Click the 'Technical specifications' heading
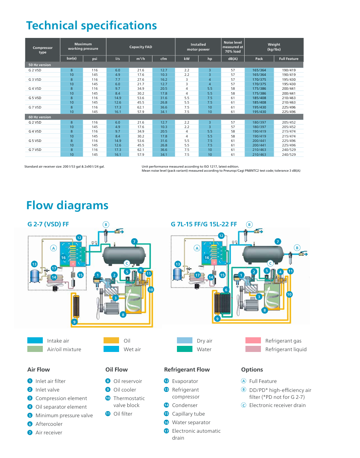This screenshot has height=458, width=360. click(91, 25)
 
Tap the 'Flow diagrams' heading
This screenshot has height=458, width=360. click(67, 205)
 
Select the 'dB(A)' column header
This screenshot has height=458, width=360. click(232, 59)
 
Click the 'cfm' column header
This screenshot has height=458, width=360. click(163, 59)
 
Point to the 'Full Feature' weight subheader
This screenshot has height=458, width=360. click(289, 59)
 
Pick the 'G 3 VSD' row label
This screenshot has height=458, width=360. click(35, 80)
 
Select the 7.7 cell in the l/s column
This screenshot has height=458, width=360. click(117, 80)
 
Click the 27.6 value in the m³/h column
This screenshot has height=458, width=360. click(141, 80)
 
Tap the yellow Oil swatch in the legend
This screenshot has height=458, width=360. click(111, 341)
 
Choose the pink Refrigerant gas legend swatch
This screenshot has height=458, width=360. click(253, 341)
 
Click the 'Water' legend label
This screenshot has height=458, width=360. click(204, 350)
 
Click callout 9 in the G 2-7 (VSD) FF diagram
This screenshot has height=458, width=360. click(74, 322)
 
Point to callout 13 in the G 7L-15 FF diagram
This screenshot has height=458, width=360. click(177, 264)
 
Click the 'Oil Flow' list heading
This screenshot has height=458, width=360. click(116, 369)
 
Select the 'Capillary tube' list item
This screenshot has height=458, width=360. click(188, 414)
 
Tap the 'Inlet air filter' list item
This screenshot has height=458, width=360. click(50, 381)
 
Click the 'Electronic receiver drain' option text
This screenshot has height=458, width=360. click(277, 405)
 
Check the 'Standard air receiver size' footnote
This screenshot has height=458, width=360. click(64, 166)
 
